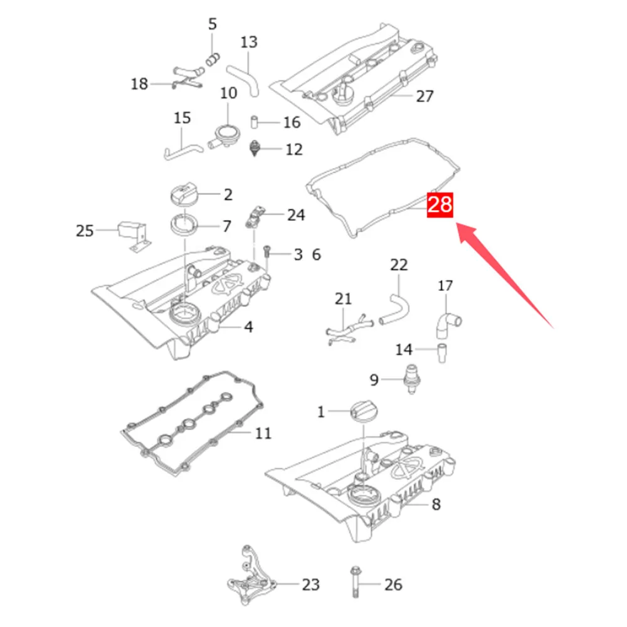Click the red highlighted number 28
pos(440,205)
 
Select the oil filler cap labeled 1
pos(364,412)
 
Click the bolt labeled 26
pos(355,582)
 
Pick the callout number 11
pos(263,433)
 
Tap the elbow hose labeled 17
pos(446,325)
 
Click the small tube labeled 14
pos(441,352)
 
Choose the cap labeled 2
pos(184,194)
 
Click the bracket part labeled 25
pos(133,235)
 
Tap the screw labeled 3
pos(267,253)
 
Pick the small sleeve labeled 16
pos(254,122)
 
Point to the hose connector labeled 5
pos(213,60)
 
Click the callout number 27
pos(424,96)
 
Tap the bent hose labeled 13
pos(245,81)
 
